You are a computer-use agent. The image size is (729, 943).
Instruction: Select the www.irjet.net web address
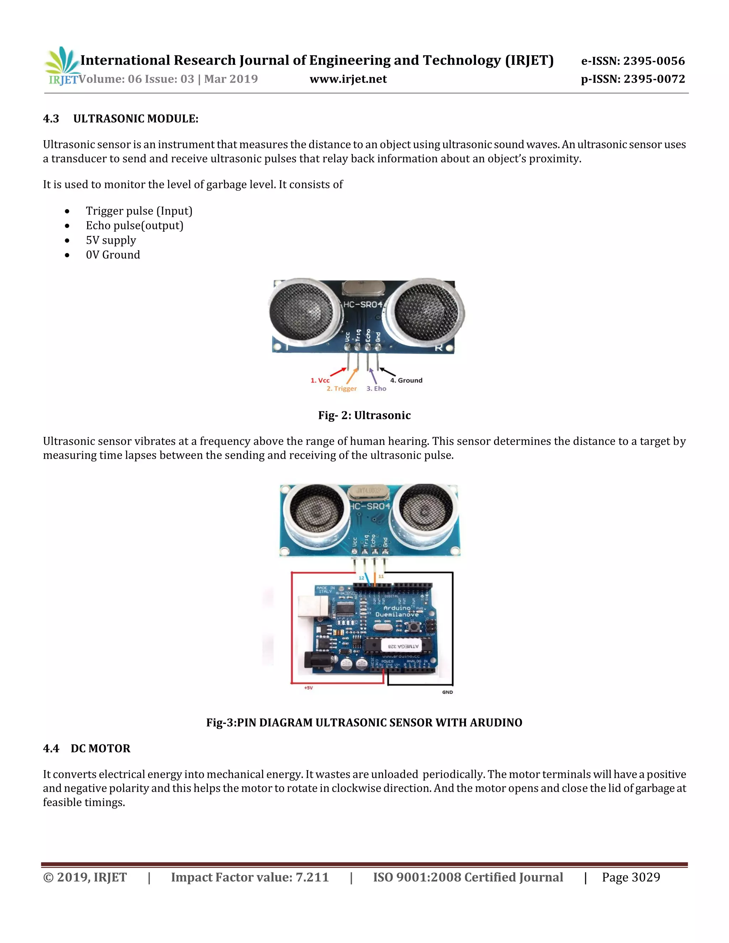click(348, 79)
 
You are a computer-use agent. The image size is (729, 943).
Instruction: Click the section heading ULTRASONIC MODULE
click(136, 119)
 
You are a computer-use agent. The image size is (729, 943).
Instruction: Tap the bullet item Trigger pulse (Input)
click(139, 211)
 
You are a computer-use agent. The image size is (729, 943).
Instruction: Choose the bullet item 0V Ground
click(113, 255)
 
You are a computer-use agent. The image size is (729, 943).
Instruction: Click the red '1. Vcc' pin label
click(320, 380)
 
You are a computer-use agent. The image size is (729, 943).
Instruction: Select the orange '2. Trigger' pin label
click(342, 389)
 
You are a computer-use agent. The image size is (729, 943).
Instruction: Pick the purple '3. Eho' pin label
click(376, 389)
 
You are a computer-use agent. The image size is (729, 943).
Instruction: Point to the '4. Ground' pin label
click(406, 380)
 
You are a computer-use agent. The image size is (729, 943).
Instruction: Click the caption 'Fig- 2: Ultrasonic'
click(364, 415)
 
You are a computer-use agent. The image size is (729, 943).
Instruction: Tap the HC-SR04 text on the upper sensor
click(363, 304)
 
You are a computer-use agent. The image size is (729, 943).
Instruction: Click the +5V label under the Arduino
click(308, 688)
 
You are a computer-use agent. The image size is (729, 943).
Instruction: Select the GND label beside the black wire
click(447, 692)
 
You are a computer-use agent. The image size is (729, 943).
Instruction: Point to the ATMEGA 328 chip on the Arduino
click(403, 646)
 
